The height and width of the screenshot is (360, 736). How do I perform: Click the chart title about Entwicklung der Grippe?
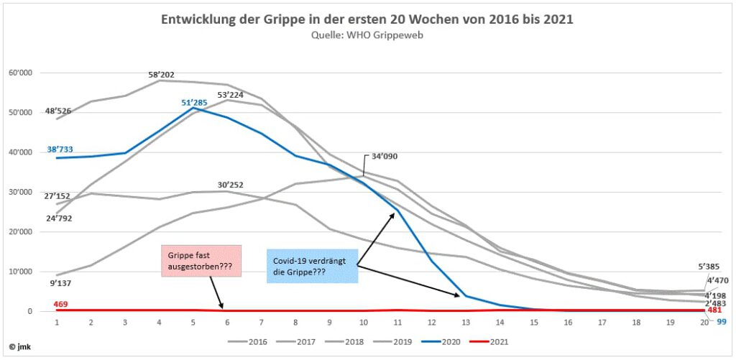pyautogui.click(x=367, y=19)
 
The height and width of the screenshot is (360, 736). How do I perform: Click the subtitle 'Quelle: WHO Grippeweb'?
pyautogui.click(x=367, y=34)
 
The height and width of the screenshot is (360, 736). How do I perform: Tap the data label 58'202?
pyautogui.click(x=160, y=74)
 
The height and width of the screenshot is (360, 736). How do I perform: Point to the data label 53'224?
pyautogui.click(x=231, y=94)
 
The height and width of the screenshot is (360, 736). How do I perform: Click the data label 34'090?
pyautogui.click(x=386, y=156)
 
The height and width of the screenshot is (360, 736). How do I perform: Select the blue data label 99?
pyautogui.click(x=722, y=321)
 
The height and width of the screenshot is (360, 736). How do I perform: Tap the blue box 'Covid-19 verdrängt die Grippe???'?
pyautogui.click(x=312, y=265)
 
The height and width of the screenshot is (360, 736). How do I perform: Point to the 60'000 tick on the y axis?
pyautogui.click(x=21, y=73)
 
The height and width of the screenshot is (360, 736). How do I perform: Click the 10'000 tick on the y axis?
pyautogui.click(x=21, y=272)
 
